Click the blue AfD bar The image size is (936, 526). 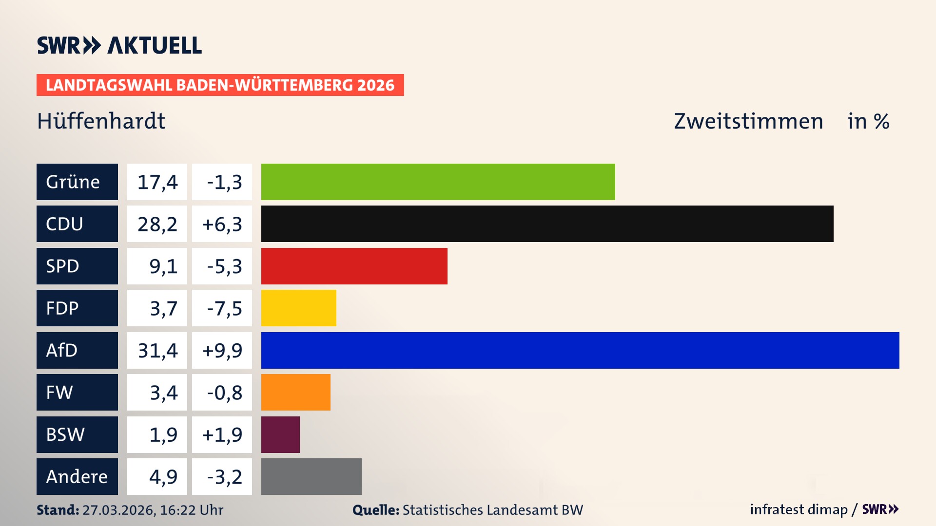click(x=580, y=350)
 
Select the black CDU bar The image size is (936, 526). click(x=547, y=224)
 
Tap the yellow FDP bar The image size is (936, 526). click(x=298, y=308)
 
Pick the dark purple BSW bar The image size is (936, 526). click(x=280, y=434)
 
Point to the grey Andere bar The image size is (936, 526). click(x=311, y=476)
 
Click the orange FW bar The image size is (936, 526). click(x=295, y=392)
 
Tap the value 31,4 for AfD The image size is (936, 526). click(x=157, y=350)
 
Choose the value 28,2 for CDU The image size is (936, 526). click(x=157, y=224)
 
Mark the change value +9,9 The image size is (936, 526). click(x=222, y=350)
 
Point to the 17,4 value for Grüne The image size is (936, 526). click(x=157, y=182)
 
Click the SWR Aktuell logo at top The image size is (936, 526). click(x=119, y=45)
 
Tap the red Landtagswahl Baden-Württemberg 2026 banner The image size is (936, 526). click(x=220, y=85)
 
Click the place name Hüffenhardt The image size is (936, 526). click(x=101, y=121)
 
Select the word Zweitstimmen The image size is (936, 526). click(x=748, y=121)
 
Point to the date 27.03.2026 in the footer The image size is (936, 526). click(x=118, y=510)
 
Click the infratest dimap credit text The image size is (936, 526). click(x=799, y=509)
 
